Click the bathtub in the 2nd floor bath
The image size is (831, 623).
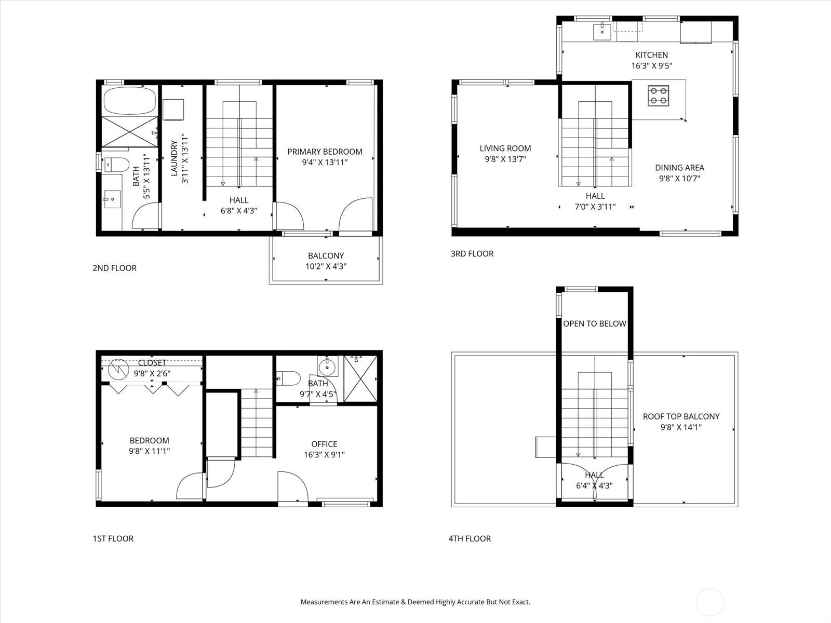pos(130,101)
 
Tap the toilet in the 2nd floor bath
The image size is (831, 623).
pos(117,165)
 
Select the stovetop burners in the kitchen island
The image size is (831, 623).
pos(658,96)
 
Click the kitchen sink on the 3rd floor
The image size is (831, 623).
pos(602,31)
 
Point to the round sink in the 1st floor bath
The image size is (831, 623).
pos(328,367)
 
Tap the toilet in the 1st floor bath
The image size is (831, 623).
pos(288,378)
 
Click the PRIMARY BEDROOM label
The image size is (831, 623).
pos(325,152)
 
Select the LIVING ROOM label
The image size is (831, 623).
pos(505,148)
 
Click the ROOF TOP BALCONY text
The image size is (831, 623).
pos(681,416)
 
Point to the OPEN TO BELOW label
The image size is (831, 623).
pos(594,324)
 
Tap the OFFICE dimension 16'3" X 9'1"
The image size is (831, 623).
pos(324,454)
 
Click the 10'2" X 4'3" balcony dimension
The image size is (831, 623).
pos(326,266)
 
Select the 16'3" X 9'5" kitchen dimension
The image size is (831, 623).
pos(651,65)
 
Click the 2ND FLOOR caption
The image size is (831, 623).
pos(114,268)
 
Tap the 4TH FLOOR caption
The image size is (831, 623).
pos(470,538)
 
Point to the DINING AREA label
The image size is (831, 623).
pos(679,168)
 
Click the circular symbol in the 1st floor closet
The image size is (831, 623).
pos(118,369)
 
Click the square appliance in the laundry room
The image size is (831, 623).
pos(173,110)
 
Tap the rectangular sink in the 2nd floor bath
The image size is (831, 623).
pos(112,199)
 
